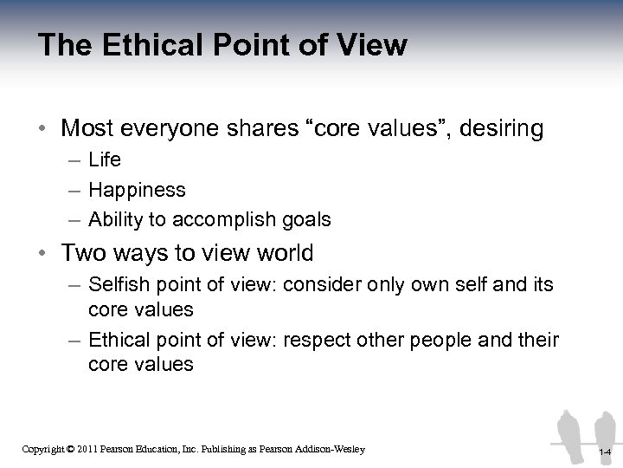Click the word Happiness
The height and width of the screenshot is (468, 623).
click(137, 190)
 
